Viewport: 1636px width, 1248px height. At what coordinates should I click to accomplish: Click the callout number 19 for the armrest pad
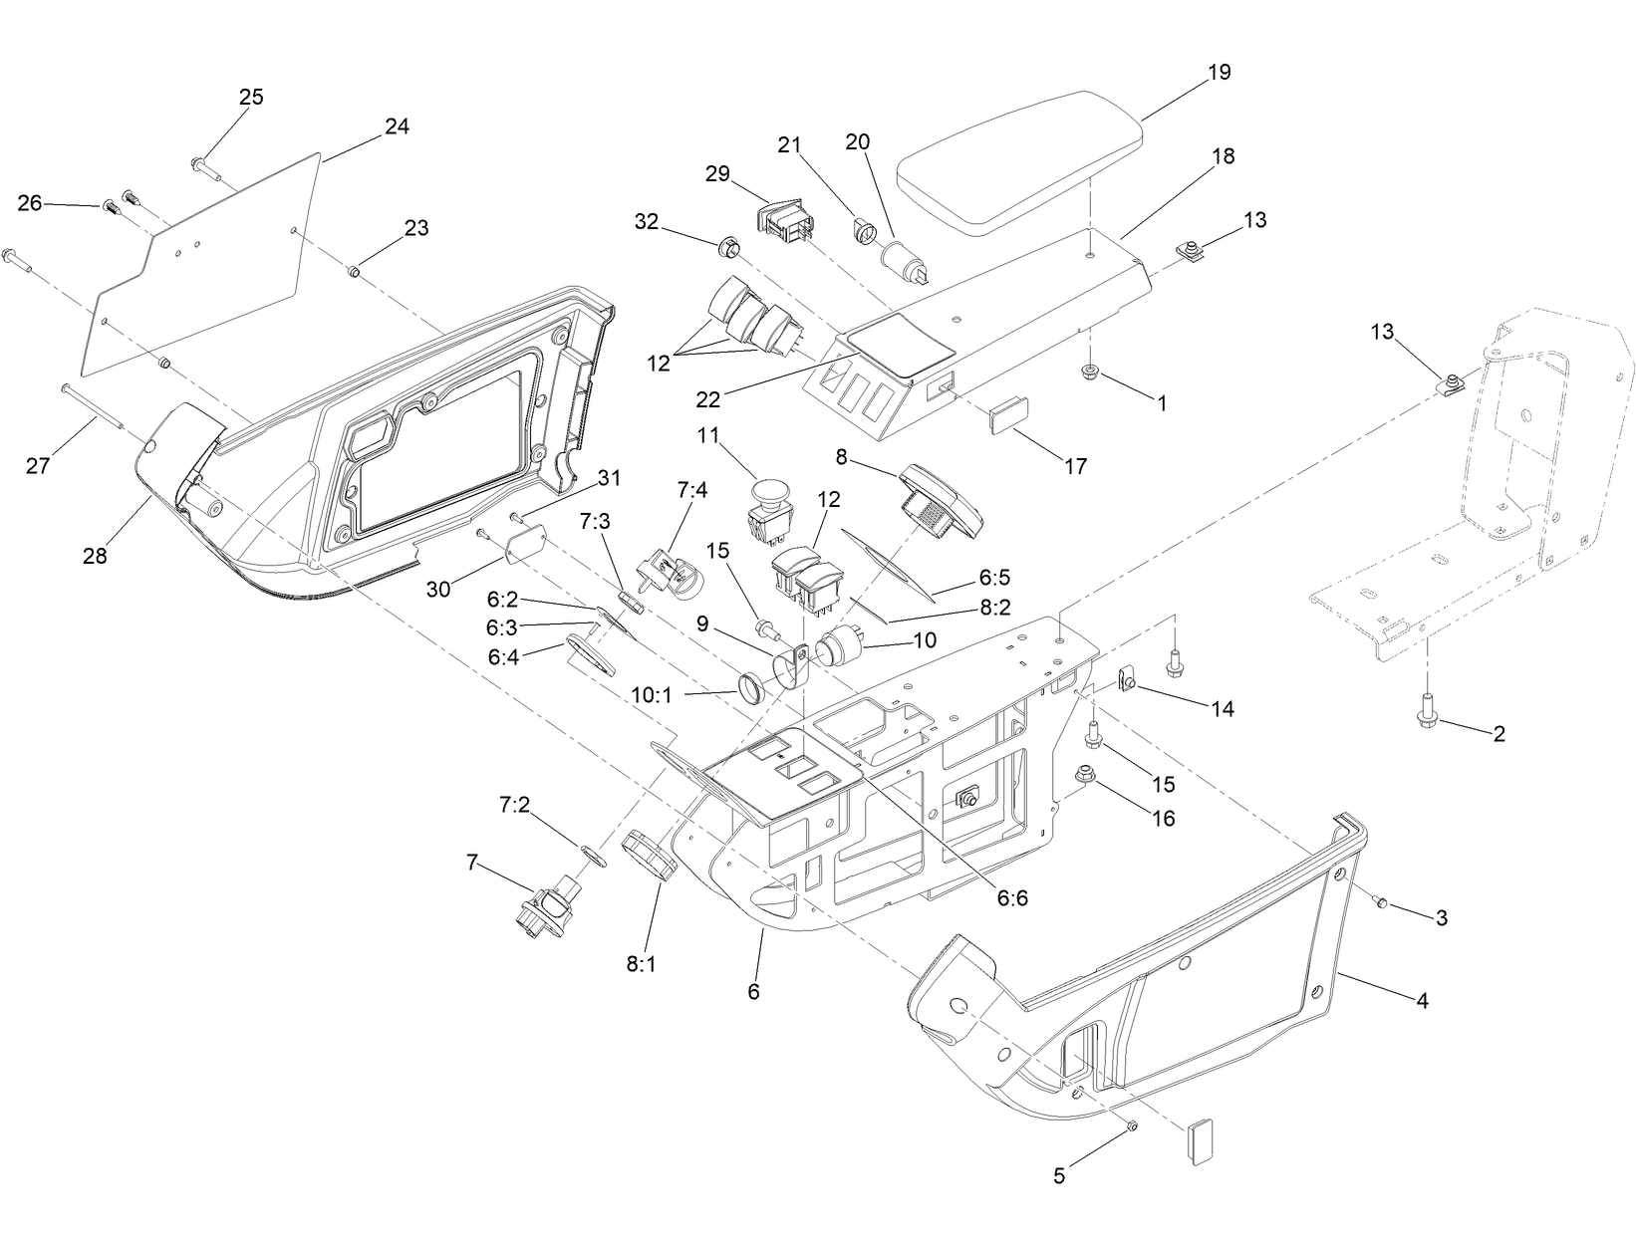point(1219,72)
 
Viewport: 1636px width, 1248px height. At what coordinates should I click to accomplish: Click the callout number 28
point(95,556)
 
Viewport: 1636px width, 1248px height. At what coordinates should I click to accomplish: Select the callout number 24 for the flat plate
point(397,126)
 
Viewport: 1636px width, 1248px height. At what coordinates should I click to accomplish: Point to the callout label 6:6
point(1011,897)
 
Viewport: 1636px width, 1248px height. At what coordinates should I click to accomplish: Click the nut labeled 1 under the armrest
point(1091,374)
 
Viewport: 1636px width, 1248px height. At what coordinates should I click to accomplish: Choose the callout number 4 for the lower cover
point(1422,1000)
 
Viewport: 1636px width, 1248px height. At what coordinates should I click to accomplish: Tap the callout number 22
point(709,399)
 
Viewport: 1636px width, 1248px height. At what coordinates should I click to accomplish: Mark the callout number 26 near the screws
point(30,203)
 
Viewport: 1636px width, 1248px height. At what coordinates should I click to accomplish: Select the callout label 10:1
point(652,693)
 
